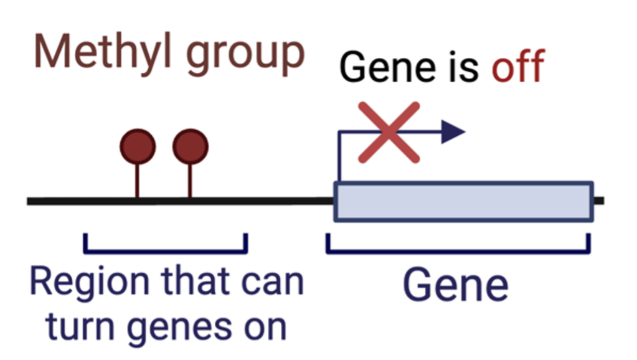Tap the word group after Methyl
[x=245, y=57]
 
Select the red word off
[x=517, y=66]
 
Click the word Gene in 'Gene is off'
[x=387, y=67]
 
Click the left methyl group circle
[x=138, y=146]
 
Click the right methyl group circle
[x=191, y=146]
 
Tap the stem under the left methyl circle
[x=138, y=181]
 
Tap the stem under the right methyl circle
[x=190, y=181]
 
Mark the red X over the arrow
[x=389, y=133]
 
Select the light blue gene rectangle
[x=463, y=202]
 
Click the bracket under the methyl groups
[x=166, y=252]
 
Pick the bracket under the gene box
[x=458, y=252]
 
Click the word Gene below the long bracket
[x=455, y=285]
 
